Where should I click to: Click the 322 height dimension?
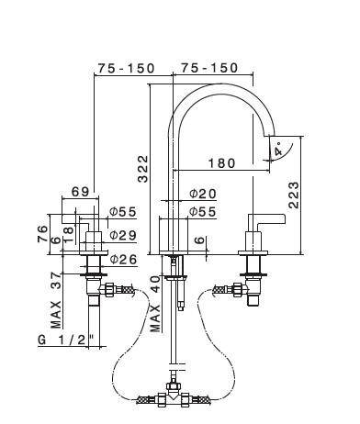tap(142, 169)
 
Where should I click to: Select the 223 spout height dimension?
tap(294, 195)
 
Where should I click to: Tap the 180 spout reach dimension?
tap(222, 163)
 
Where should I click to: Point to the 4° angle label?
tap(278, 150)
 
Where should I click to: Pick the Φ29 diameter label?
tap(123, 235)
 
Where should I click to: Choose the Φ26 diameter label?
tap(123, 260)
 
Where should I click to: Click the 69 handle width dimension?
tap(81, 192)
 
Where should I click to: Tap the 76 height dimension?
tap(43, 234)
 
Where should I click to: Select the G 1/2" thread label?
tap(65, 340)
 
